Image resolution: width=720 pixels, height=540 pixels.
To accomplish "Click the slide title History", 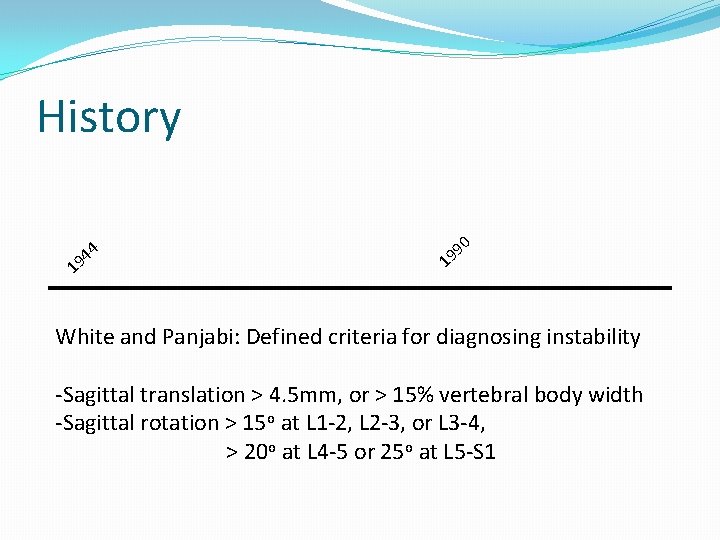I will pos(109,117).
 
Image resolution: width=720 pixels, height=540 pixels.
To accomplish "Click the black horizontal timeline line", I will pos(360,288).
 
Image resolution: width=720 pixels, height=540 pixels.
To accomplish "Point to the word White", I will pos(85,337).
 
